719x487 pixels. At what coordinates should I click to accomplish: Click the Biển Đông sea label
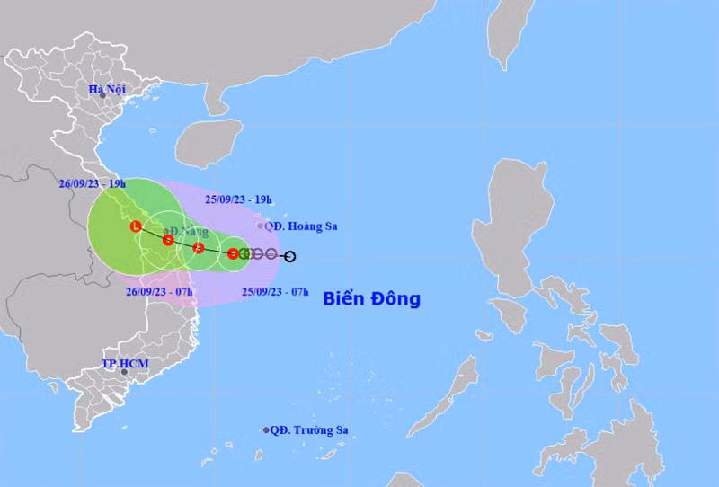(371, 298)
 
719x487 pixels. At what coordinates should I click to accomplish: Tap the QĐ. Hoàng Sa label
(301, 226)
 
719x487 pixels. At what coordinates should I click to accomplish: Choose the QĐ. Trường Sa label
(310, 430)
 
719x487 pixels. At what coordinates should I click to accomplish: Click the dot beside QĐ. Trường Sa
(266, 430)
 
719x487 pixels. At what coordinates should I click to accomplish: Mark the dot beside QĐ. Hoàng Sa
(261, 226)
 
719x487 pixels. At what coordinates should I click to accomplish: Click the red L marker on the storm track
(135, 226)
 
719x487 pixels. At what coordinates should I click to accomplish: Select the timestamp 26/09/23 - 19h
(93, 182)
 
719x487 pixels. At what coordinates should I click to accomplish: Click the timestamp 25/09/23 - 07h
(275, 291)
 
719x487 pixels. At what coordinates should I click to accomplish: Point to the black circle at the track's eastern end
(289, 257)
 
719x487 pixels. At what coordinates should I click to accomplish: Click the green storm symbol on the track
(244, 253)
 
